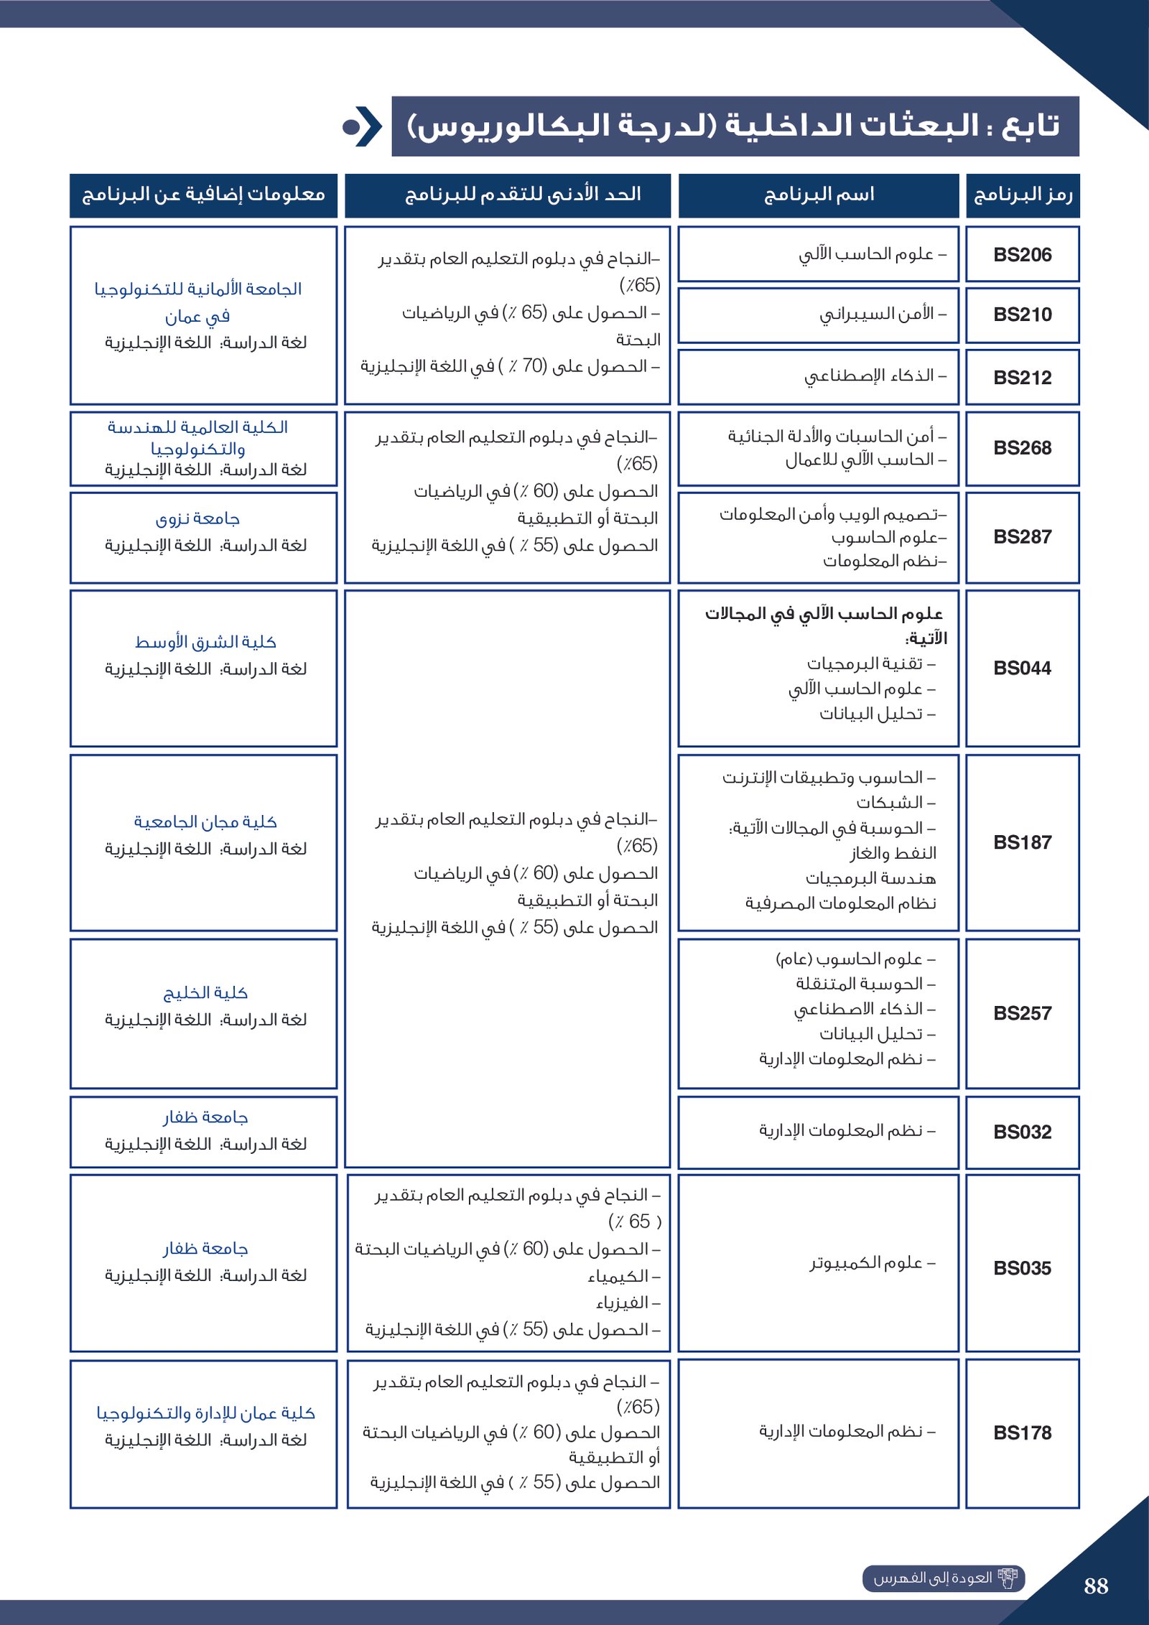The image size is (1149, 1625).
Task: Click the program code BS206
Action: coord(1022,255)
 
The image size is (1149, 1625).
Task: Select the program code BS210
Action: coord(1022,315)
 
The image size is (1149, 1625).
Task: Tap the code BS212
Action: coord(1022,378)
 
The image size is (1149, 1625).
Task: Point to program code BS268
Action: coord(1022,448)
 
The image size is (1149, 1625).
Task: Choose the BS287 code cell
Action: coord(1022,537)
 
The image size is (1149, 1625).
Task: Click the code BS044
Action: coord(1022,669)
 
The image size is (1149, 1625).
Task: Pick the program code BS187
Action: coord(1022,842)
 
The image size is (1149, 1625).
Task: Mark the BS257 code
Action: coord(1022,1013)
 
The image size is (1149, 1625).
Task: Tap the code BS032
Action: coord(1022,1132)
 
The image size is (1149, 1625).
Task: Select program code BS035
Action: coord(1022,1268)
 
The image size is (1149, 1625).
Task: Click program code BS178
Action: coord(1022,1433)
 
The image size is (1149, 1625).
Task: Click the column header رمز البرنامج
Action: coord(1023,195)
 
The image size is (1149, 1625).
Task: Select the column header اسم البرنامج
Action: coord(819,195)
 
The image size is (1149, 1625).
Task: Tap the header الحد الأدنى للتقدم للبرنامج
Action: coord(523,195)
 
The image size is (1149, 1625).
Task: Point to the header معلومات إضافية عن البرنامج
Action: coord(204,195)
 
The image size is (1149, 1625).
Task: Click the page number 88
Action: coord(1096,1586)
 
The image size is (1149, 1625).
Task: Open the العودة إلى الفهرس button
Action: coord(943,1578)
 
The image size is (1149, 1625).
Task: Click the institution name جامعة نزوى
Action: coord(197,518)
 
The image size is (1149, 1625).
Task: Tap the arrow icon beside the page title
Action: coord(363,127)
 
